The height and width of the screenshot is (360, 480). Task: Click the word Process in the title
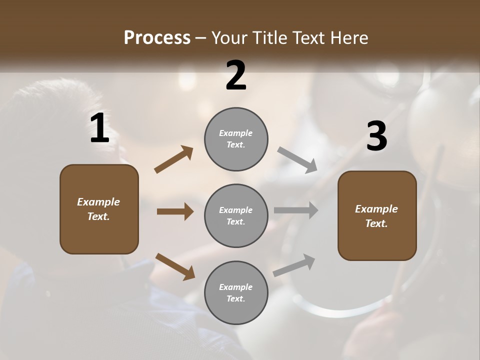157,37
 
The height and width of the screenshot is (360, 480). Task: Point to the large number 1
99,128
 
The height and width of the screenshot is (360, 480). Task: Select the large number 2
236,75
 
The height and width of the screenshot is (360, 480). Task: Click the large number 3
376,136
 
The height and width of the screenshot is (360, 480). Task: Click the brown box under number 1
99,209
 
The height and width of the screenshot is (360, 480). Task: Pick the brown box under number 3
377,215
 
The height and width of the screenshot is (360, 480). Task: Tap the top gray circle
236,139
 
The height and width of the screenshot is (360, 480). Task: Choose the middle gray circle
236,215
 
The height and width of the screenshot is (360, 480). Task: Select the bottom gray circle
236,292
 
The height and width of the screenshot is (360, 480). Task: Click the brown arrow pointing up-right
174,159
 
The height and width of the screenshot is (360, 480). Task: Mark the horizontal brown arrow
175,211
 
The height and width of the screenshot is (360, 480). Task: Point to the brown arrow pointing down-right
175,266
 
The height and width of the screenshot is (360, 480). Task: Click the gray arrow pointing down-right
297,160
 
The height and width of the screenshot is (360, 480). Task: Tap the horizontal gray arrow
296,210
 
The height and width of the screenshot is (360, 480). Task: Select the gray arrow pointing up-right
294,265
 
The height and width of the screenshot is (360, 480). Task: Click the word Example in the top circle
235,133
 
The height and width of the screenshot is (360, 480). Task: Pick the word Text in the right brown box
376,223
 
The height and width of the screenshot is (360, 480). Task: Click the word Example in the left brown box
98,202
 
